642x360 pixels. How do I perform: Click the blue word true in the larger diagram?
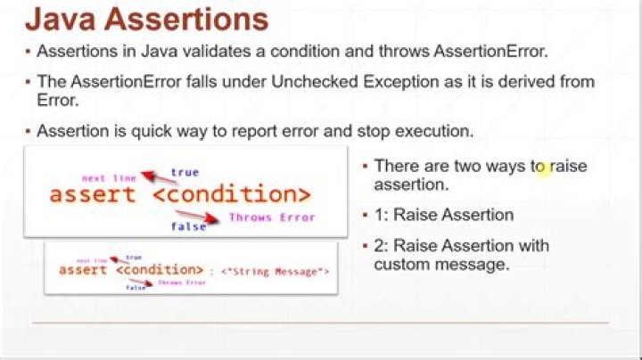click(x=185, y=172)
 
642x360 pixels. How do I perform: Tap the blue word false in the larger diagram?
click(x=189, y=226)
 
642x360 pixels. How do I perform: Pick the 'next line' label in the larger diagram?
click(x=106, y=178)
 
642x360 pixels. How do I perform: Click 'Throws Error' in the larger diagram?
click(x=271, y=217)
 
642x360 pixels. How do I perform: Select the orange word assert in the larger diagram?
click(x=93, y=194)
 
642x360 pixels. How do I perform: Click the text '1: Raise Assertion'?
click(x=443, y=215)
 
